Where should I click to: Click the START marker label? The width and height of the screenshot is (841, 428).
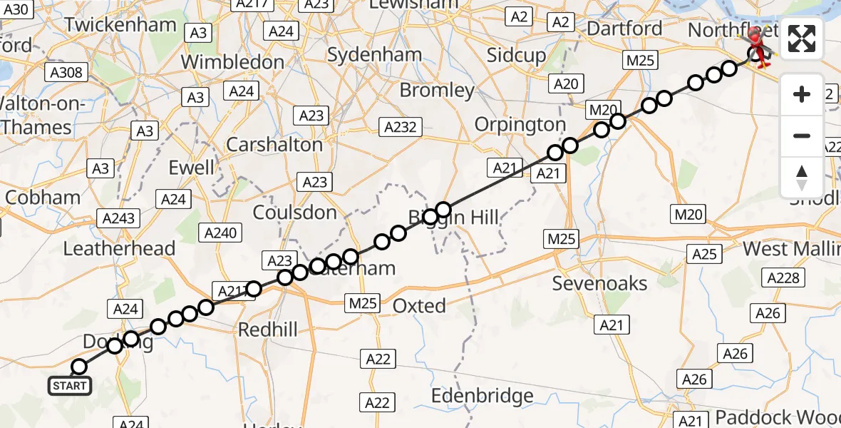click(69, 387)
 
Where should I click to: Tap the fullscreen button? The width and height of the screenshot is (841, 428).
click(802, 39)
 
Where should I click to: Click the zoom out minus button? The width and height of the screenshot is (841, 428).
click(802, 136)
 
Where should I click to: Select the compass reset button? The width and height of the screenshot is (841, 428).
click(802, 177)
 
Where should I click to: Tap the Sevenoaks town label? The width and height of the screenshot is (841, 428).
click(600, 283)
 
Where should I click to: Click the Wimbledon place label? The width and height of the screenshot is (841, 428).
click(232, 62)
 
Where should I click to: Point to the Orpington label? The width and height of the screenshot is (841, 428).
click(520, 125)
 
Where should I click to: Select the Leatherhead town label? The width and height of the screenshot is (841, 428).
click(119, 248)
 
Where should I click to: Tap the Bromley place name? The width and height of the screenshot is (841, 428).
click(437, 91)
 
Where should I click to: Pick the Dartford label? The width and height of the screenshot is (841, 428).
click(624, 29)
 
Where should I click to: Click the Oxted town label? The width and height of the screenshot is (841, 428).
click(420, 306)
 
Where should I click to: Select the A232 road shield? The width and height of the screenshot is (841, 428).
click(400, 128)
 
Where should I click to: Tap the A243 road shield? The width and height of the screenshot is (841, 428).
click(119, 218)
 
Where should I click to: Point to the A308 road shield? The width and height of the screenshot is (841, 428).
click(66, 72)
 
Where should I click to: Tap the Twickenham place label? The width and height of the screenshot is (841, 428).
click(120, 25)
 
